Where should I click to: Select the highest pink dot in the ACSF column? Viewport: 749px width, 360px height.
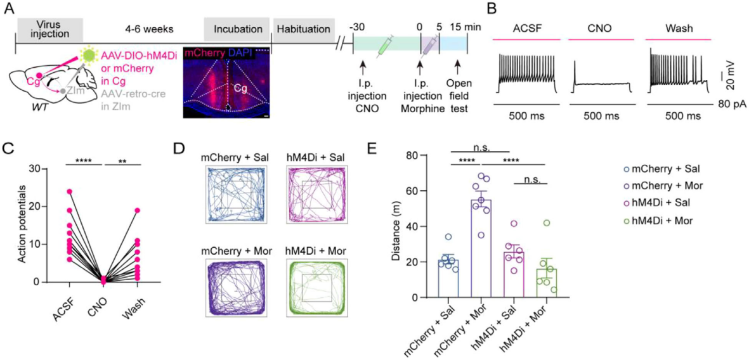click(x=68, y=191)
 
